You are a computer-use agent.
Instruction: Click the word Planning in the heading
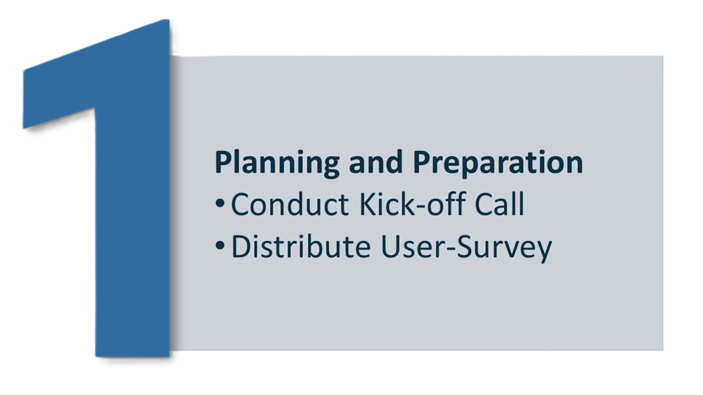tap(277, 163)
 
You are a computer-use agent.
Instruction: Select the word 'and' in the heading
tap(375, 162)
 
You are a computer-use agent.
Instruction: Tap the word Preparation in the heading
tap(498, 163)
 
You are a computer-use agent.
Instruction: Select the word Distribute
tap(301, 247)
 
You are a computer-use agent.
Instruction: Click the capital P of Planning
tap(224, 162)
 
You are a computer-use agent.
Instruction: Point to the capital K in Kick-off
tap(368, 205)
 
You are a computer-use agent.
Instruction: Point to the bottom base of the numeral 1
tap(133, 354)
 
